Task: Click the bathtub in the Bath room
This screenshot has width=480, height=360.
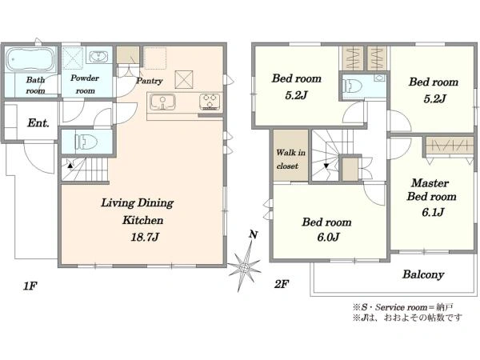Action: pyautogui.click(x=30, y=59)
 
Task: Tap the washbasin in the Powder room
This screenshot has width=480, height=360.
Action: pyautogui.click(x=98, y=56)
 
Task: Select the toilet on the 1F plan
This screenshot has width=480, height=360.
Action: pyautogui.click(x=86, y=142)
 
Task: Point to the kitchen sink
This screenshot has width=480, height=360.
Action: pyautogui.click(x=162, y=102)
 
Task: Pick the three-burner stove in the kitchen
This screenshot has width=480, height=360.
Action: pyautogui.click(x=210, y=102)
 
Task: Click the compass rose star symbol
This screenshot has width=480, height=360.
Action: pyautogui.click(x=244, y=266)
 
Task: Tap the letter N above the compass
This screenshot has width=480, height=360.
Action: pyautogui.click(x=253, y=234)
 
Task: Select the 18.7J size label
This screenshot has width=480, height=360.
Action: pyautogui.click(x=145, y=238)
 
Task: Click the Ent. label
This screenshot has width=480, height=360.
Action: pyautogui.click(x=38, y=123)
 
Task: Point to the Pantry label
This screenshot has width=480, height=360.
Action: pyautogui.click(x=150, y=81)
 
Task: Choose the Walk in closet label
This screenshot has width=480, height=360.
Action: pyautogui.click(x=290, y=159)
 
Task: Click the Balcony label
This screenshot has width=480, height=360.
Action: pyautogui.click(x=423, y=274)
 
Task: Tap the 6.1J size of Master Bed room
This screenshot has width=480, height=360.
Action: pyautogui.click(x=433, y=212)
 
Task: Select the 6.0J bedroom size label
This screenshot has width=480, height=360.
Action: pyautogui.click(x=328, y=238)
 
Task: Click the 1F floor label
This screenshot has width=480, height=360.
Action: pyautogui.click(x=30, y=286)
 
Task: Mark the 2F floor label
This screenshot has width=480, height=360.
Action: pyautogui.click(x=282, y=284)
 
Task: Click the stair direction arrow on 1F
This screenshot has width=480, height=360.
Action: pyautogui.click(x=70, y=166)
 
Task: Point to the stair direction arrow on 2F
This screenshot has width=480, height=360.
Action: pyautogui.click(x=326, y=166)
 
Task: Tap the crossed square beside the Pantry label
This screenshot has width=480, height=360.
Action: pyautogui.click(x=184, y=79)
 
